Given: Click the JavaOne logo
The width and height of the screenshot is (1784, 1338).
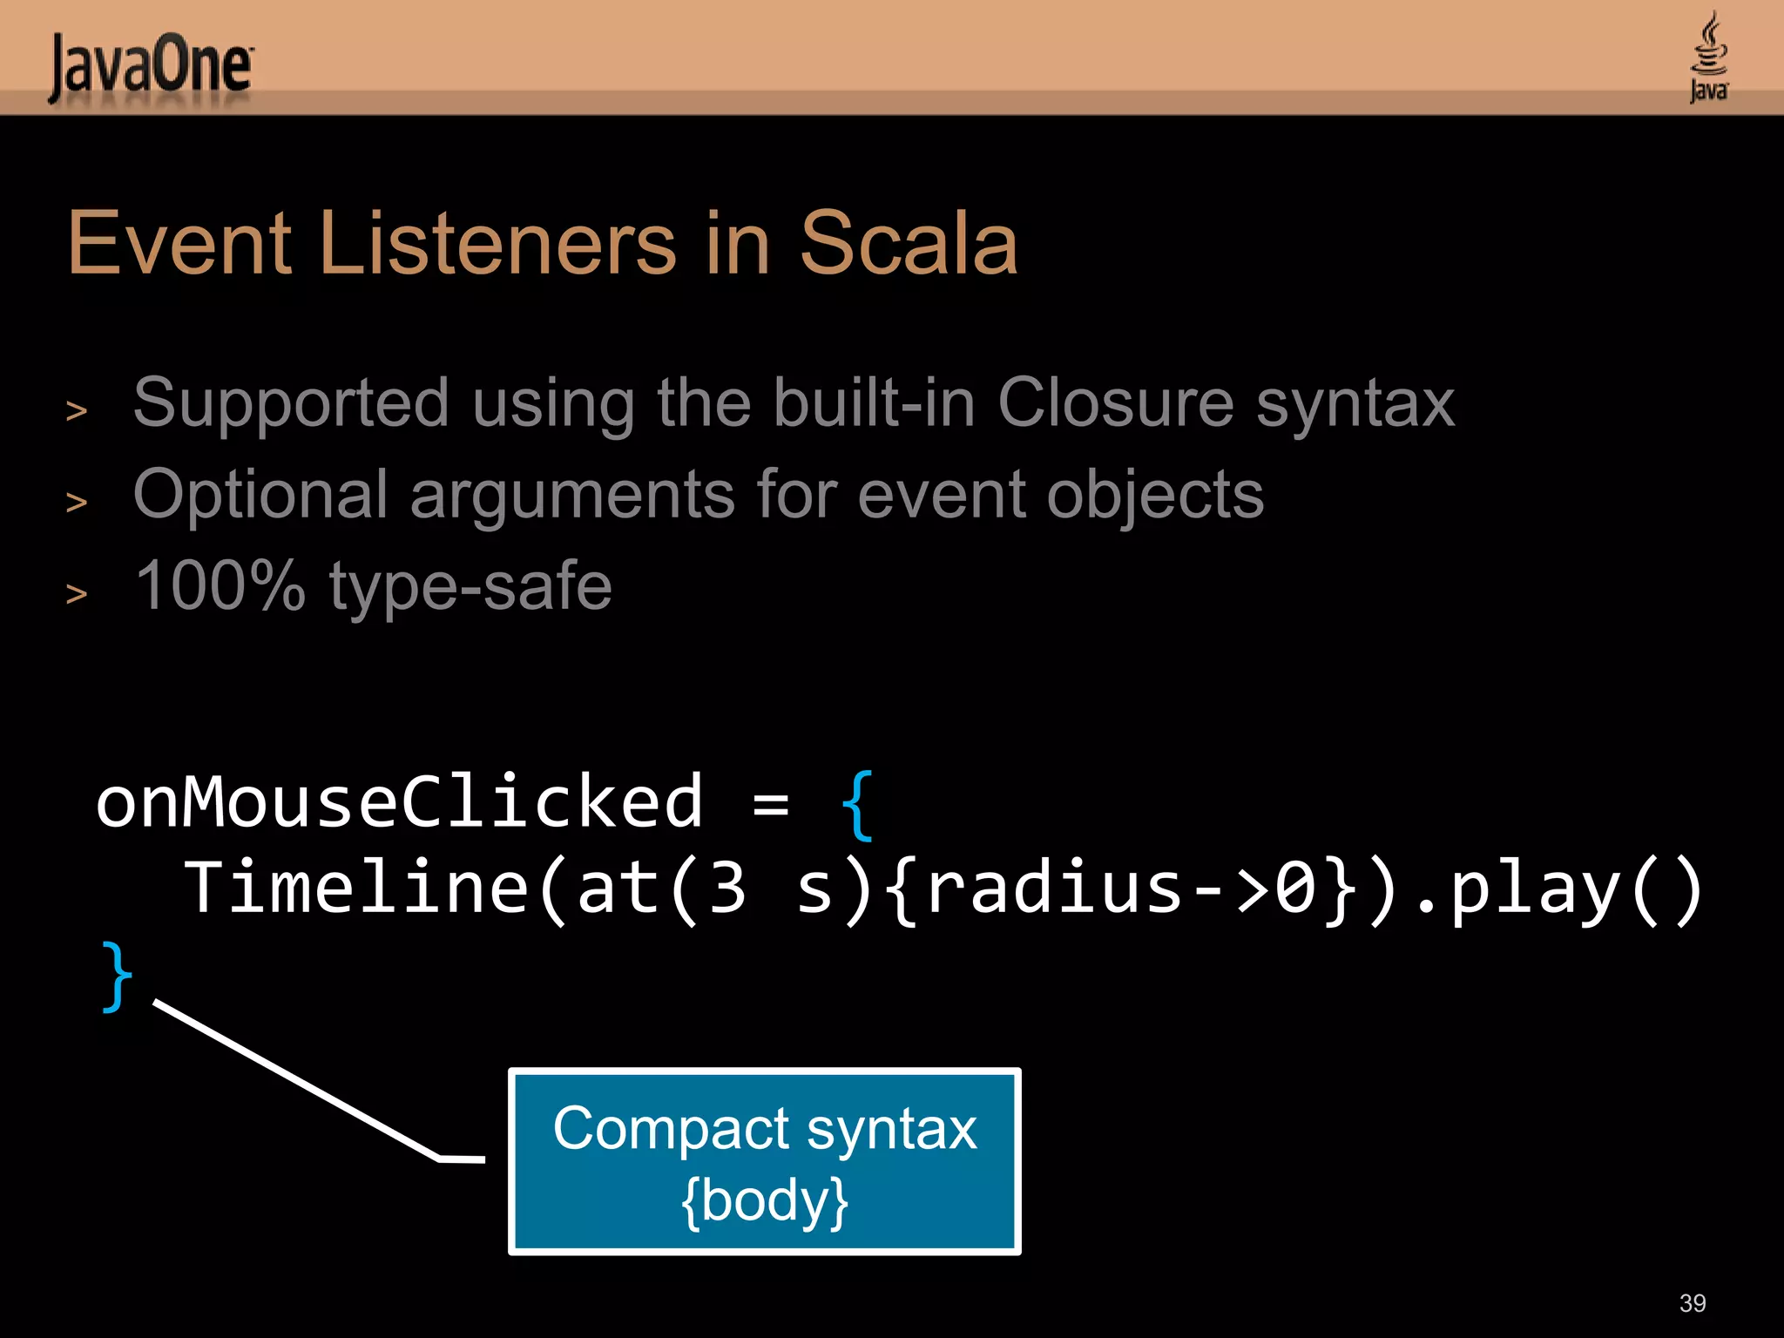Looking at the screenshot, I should point(150,66).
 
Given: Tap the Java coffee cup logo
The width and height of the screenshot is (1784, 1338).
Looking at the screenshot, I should point(1709,57).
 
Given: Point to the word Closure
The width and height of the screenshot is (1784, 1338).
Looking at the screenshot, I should point(1115,402).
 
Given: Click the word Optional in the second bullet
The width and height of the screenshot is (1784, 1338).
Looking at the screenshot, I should point(260,495).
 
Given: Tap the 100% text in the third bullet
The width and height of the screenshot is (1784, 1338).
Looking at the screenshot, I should point(220,585).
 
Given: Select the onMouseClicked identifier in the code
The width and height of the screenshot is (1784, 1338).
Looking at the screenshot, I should point(399,801).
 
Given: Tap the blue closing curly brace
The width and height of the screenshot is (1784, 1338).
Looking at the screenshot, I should point(117,976).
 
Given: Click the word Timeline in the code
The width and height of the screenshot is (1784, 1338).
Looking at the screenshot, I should point(355,889).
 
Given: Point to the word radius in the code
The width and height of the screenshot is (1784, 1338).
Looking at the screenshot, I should point(1054,889).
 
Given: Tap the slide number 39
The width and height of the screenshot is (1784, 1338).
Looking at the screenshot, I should point(1692,1303).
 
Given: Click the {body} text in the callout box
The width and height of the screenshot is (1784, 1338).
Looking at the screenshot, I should point(765,1200).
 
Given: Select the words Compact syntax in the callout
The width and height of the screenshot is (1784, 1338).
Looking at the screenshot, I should point(765,1129).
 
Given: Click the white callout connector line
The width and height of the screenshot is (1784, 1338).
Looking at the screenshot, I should point(296,1080).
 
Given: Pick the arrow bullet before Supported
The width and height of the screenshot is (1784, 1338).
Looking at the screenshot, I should point(77,410).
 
